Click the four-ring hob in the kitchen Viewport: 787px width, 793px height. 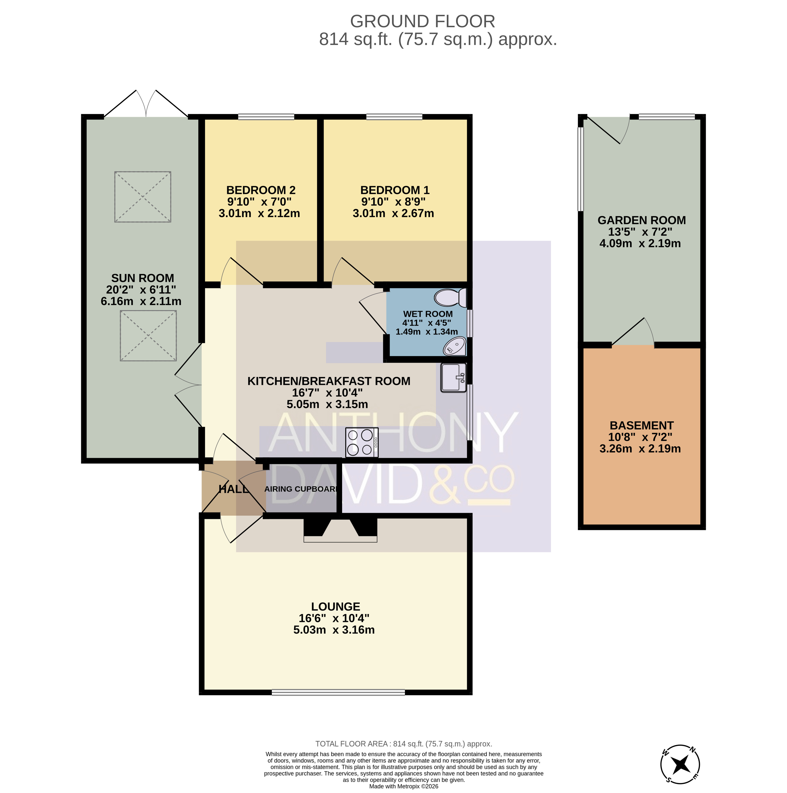coord(362,443)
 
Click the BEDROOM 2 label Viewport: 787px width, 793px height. coord(261,190)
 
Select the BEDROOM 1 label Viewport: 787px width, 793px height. coord(395,190)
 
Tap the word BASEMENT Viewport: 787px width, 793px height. coord(642,425)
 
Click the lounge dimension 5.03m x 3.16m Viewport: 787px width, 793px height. coord(334,630)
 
